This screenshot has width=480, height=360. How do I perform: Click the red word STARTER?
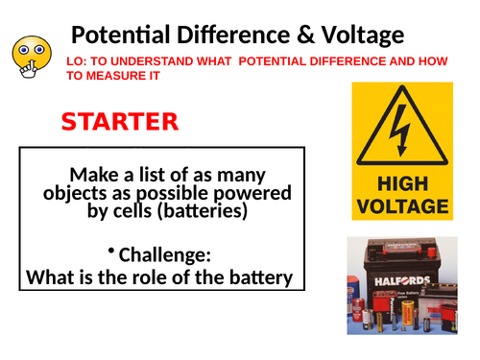click(119, 122)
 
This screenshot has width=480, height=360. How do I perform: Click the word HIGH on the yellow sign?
click(401, 182)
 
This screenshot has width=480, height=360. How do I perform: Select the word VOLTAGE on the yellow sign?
click(401, 204)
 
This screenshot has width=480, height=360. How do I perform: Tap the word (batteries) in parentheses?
click(197, 211)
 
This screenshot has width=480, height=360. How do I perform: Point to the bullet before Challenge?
click(111, 252)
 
